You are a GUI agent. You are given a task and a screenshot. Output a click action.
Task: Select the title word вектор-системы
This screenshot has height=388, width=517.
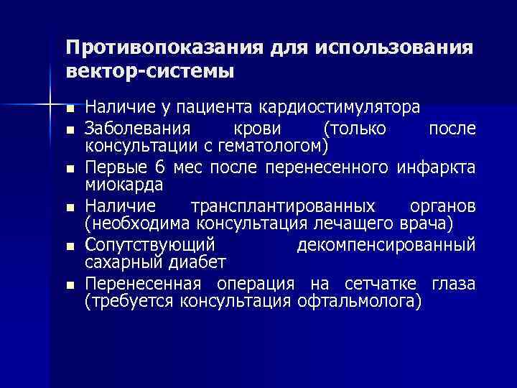tap(150, 72)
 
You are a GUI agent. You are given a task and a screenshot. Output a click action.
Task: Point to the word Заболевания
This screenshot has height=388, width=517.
tap(137, 129)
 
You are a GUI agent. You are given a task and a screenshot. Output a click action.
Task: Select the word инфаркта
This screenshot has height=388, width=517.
tap(435, 168)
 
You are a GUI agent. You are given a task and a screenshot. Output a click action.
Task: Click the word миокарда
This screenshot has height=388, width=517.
tap(124, 185)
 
